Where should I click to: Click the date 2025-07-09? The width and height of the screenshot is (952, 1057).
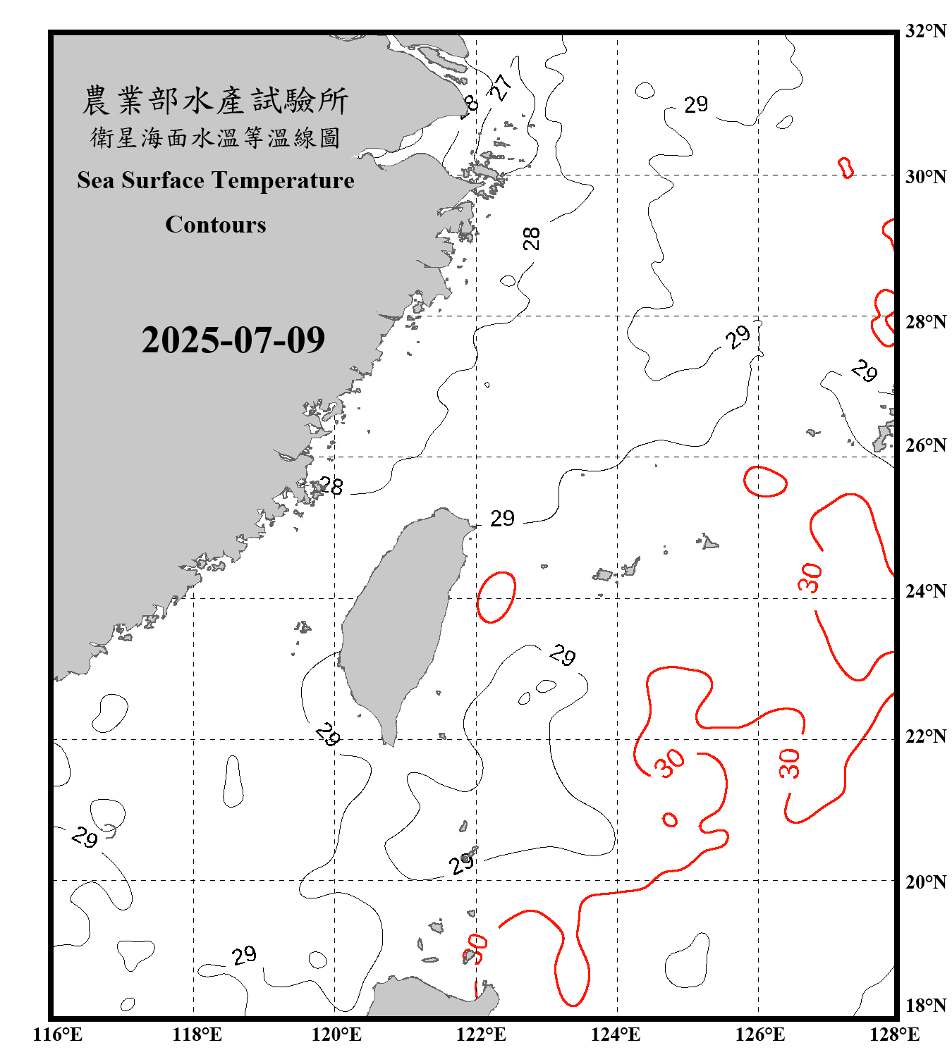coord(233,340)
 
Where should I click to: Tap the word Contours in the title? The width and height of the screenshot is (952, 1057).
coord(216,225)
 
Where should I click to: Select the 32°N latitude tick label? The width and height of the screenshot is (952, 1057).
coord(925,31)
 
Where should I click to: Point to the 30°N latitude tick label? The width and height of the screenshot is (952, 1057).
coord(925,177)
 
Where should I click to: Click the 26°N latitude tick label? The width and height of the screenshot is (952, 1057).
coord(925,445)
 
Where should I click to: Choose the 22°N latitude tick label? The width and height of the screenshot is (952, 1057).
coord(925,736)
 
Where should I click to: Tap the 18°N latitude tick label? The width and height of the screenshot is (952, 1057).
coord(925,1006)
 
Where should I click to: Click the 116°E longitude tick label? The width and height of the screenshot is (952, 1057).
coord(57,1034)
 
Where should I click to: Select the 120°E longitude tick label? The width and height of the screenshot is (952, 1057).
coord(336,1034)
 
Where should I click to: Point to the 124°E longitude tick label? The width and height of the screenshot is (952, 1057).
coord(616,1034)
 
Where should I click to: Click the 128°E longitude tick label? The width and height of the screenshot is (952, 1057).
coord(894,1034)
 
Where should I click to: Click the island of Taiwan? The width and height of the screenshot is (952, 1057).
coord(398,620)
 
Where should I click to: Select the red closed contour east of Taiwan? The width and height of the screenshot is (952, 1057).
coord(496,597)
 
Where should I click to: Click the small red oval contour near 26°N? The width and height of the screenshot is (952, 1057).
coord(765,482)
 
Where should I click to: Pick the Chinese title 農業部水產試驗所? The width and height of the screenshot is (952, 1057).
coord(215,101)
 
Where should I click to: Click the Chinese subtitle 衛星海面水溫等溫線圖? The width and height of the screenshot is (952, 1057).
coord(215,137)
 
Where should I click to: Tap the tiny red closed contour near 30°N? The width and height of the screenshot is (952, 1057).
coord(846,168)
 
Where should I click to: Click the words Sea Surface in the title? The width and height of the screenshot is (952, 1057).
coord(141,180)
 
